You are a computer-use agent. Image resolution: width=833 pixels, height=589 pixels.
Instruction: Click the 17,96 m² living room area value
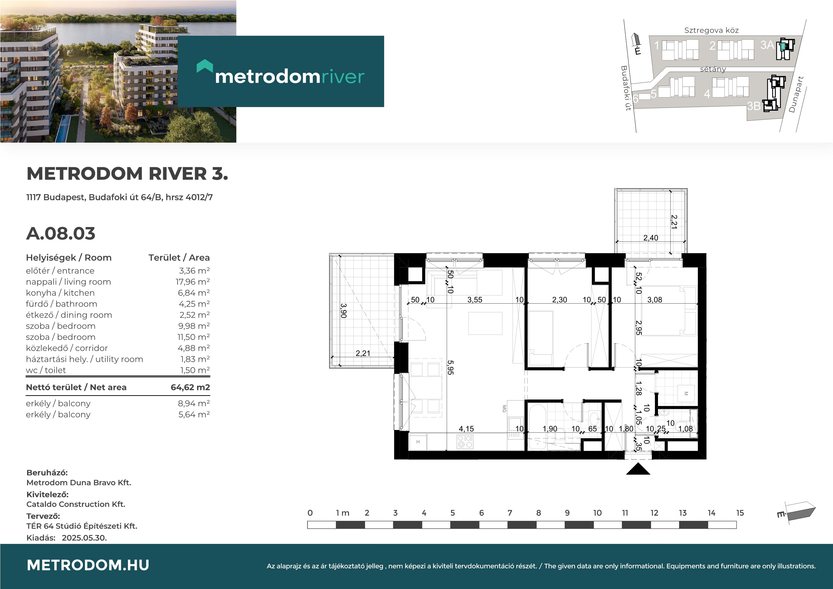(193, 282)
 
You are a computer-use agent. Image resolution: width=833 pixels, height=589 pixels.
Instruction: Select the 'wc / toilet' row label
(46, 370)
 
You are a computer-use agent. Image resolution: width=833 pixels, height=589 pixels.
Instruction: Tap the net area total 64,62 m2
(190, 387)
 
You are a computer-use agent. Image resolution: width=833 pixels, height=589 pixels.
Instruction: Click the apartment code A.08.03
(61, 233)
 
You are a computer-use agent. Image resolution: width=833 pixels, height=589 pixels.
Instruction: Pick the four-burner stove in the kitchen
(465, 442)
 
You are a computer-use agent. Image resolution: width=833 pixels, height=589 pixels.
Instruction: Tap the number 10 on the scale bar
(597, 513)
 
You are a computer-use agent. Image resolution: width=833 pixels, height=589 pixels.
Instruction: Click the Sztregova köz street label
(711, 30)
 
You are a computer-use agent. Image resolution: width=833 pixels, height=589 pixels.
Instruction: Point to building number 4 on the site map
(707, 94)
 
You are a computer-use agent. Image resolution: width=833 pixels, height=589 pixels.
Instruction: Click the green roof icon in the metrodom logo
(205, 66)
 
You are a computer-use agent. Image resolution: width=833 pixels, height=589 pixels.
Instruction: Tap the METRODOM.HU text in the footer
(88, 565)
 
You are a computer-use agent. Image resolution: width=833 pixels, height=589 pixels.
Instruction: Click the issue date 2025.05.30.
(84, 538)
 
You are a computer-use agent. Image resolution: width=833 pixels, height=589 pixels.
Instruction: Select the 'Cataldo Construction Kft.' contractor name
(76, 504)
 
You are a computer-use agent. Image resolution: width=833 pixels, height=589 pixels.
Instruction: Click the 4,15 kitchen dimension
(466, 429)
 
